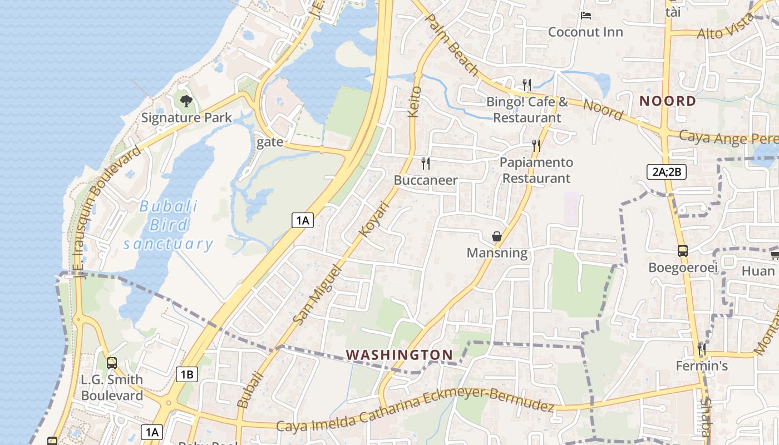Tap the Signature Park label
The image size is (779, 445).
(x=186, y=118)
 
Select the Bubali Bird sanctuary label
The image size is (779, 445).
(x=168, y=225)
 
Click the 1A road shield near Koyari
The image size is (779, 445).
(x=302, y=220)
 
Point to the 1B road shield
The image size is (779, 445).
(x=186, y=374)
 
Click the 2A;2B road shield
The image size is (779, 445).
(x=667, y=172)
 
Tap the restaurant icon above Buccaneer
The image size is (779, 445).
(x=426, y=164)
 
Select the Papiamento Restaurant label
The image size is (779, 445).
(x=536, y=170)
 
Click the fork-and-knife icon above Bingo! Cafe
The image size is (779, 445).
(x=526, y=85)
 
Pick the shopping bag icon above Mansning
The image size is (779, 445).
(x=497, y=236)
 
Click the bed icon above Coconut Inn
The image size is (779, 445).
(x=585, y=16)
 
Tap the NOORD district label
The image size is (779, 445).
(x=667, y=101)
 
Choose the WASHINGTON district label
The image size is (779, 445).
(x=399, y=354)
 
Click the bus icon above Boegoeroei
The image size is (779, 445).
(x=683, y=251)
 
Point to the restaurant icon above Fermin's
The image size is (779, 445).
(x=702, y=349)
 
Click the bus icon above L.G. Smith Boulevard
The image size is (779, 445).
(x=112, y=363)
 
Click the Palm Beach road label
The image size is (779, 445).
(x=451, y=44)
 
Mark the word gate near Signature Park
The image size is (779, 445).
(x=270, y=142)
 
